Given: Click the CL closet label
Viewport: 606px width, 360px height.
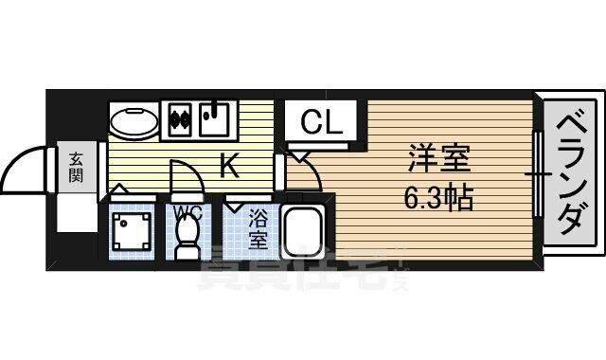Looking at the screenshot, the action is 322,121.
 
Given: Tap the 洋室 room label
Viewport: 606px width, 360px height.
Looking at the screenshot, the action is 439,158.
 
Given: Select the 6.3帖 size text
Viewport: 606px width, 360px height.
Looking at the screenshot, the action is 438,197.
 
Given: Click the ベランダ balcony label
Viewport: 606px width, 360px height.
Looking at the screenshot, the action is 569,174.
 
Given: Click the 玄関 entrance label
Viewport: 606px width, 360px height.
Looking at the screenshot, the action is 76,167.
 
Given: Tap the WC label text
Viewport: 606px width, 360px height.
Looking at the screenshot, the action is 187,213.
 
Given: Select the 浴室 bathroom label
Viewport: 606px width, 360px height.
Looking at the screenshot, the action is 258,229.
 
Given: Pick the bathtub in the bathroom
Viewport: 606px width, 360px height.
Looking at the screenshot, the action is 302,231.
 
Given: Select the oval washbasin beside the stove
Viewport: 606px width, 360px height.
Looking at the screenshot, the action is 134,121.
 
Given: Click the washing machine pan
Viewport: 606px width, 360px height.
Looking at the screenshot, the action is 132,231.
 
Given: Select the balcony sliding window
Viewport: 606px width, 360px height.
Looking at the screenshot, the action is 538,174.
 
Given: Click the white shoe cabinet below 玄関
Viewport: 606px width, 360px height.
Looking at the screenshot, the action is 77,213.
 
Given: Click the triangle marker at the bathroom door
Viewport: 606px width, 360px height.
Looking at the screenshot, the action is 233,207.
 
